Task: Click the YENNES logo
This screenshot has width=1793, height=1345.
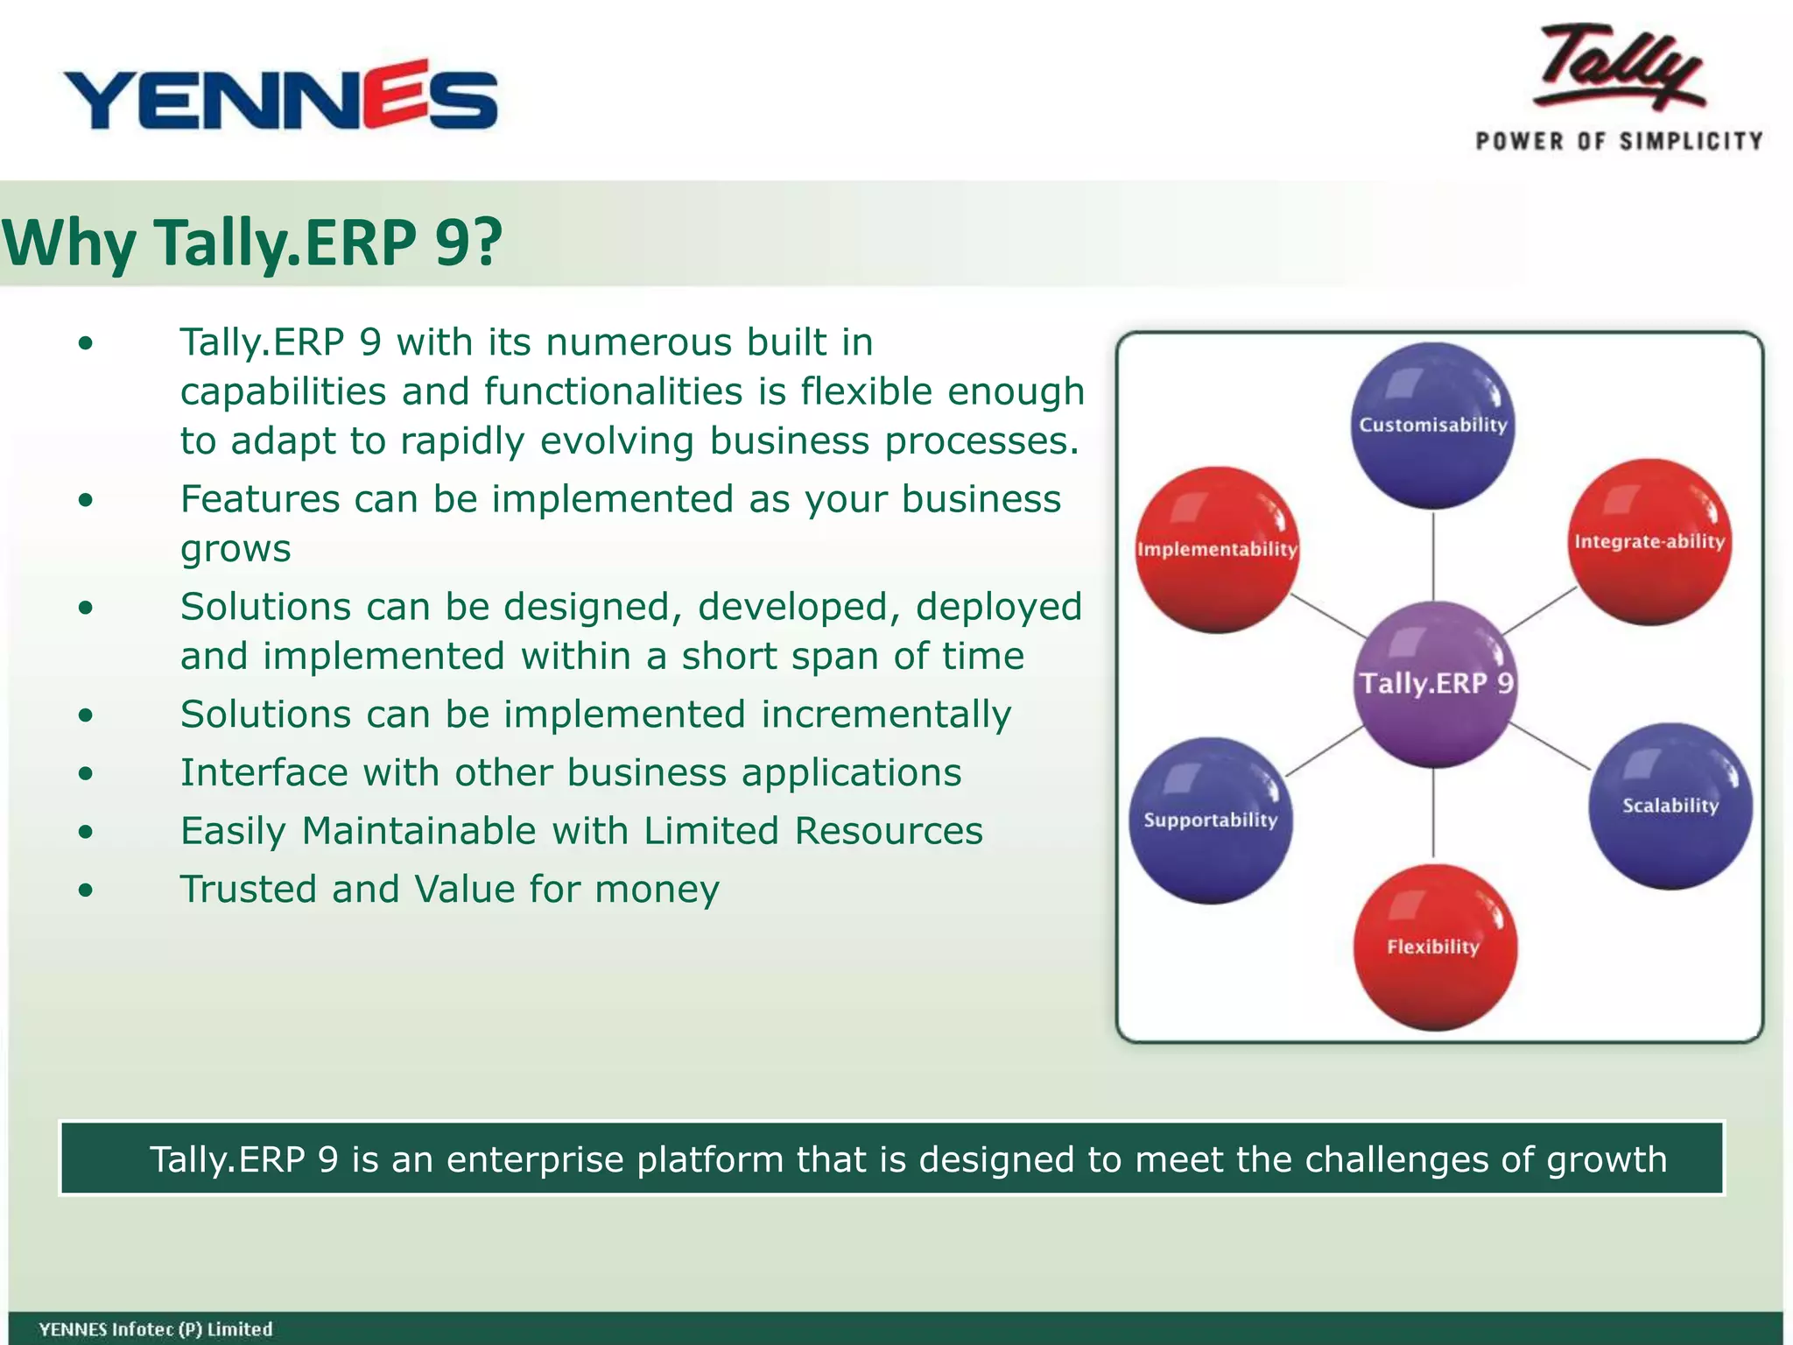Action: click(280, 96)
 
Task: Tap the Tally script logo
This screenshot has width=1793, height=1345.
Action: click(1620, 70)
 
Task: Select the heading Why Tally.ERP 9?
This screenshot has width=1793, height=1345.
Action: click(252, 243)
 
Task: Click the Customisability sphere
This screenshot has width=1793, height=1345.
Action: click(1432, 426)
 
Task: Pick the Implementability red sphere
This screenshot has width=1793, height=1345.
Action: click(1217, 550)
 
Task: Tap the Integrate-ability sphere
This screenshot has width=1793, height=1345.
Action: click(1649, 542)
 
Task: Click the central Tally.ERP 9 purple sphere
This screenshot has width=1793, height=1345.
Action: click(1434, 684)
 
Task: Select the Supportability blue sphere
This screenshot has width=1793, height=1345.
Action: click(1210, 820)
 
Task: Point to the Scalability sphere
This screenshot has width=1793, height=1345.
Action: click(1670, 806)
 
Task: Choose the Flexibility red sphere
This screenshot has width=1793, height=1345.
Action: click(1434, 947)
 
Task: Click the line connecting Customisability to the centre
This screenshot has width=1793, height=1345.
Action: click(1433, 556)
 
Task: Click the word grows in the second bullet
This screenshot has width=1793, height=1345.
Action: click(236, 550)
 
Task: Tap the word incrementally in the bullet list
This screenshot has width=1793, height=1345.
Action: click(886, 715)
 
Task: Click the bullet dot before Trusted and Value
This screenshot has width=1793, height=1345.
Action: click(85, 891)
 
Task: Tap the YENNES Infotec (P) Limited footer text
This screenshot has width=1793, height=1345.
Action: click(156, 1329)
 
